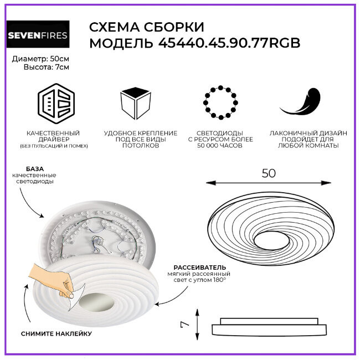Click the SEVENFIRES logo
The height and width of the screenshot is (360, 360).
(37, 36)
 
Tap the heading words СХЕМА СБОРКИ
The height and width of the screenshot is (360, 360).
(146, 27)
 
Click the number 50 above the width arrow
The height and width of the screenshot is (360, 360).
(268, 173)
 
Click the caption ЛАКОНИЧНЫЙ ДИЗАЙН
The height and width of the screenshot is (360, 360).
(308, 133)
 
